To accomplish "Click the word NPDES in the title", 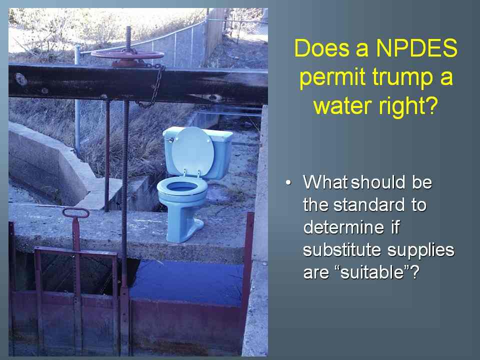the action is coord(416,48).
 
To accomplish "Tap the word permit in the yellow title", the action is coord(332,77).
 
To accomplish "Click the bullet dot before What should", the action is coord(288,183).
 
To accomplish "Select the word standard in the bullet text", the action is coord(369,204).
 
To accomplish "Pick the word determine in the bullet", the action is coord(343,227).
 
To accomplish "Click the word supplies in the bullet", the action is coord(421,250).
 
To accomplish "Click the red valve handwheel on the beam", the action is coord(127,55).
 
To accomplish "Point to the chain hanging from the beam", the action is coord(151,87).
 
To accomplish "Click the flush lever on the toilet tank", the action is coord(168,139).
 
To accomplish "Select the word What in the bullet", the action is coord(325,182).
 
